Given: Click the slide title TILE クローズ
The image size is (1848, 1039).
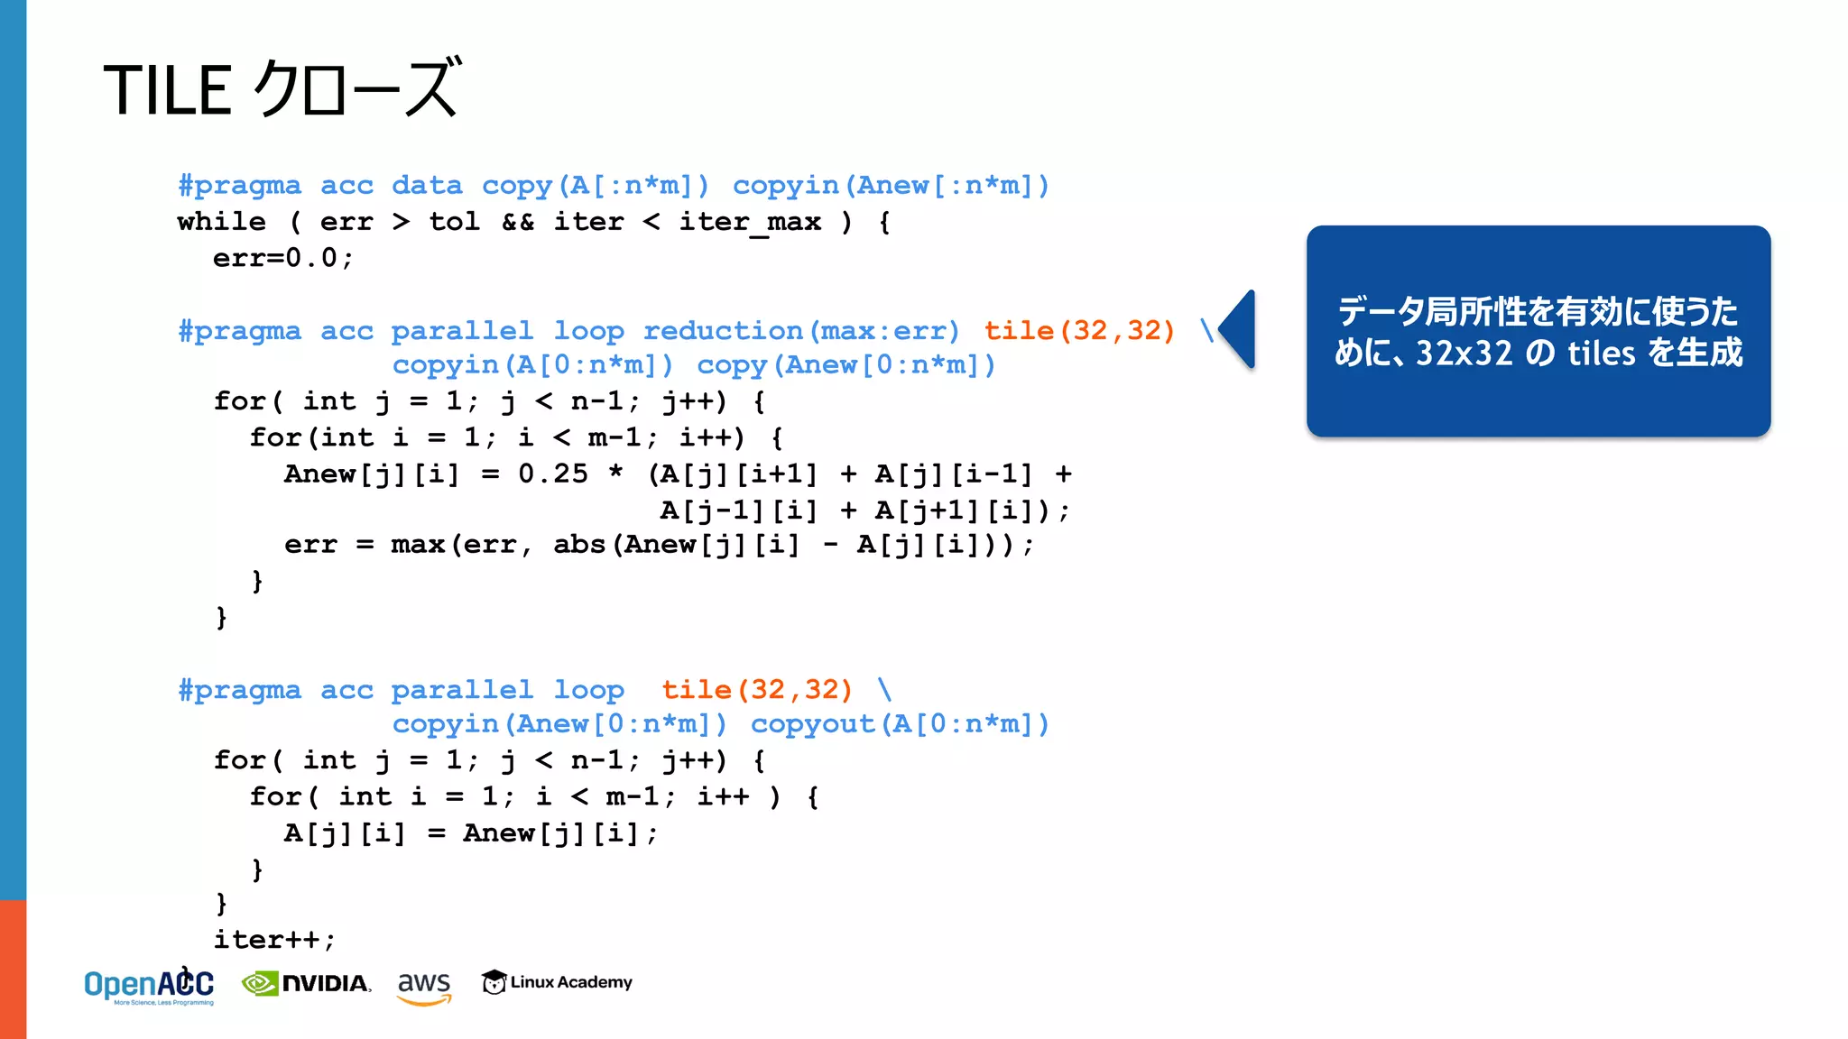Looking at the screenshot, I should pos(282,89).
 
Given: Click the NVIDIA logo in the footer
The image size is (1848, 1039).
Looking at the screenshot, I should pos(307,983).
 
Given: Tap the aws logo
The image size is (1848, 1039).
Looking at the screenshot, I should pos(424,985).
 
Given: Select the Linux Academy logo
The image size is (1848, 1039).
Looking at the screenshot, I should pos(557,982).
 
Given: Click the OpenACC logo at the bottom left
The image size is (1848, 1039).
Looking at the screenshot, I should pos(149,986).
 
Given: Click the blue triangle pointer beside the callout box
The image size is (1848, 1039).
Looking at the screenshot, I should pos(1239,329).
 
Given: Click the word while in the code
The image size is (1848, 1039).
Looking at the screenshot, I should pos(222,222).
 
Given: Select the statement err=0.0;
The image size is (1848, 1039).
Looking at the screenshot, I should pos(283,258).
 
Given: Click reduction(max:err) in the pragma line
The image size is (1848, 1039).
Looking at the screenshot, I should pos(800,331).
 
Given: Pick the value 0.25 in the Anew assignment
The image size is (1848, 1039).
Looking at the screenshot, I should pos(552,474).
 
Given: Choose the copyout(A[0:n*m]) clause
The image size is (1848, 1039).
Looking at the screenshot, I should pos(900,724).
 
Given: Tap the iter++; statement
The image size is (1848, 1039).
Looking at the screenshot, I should pos(274,940).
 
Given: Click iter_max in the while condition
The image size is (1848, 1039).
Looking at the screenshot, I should pos(750,222).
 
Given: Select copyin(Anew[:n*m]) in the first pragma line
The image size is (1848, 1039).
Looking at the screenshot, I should pos(891,186).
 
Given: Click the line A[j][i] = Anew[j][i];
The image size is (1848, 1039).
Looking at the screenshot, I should pos(471,833).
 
